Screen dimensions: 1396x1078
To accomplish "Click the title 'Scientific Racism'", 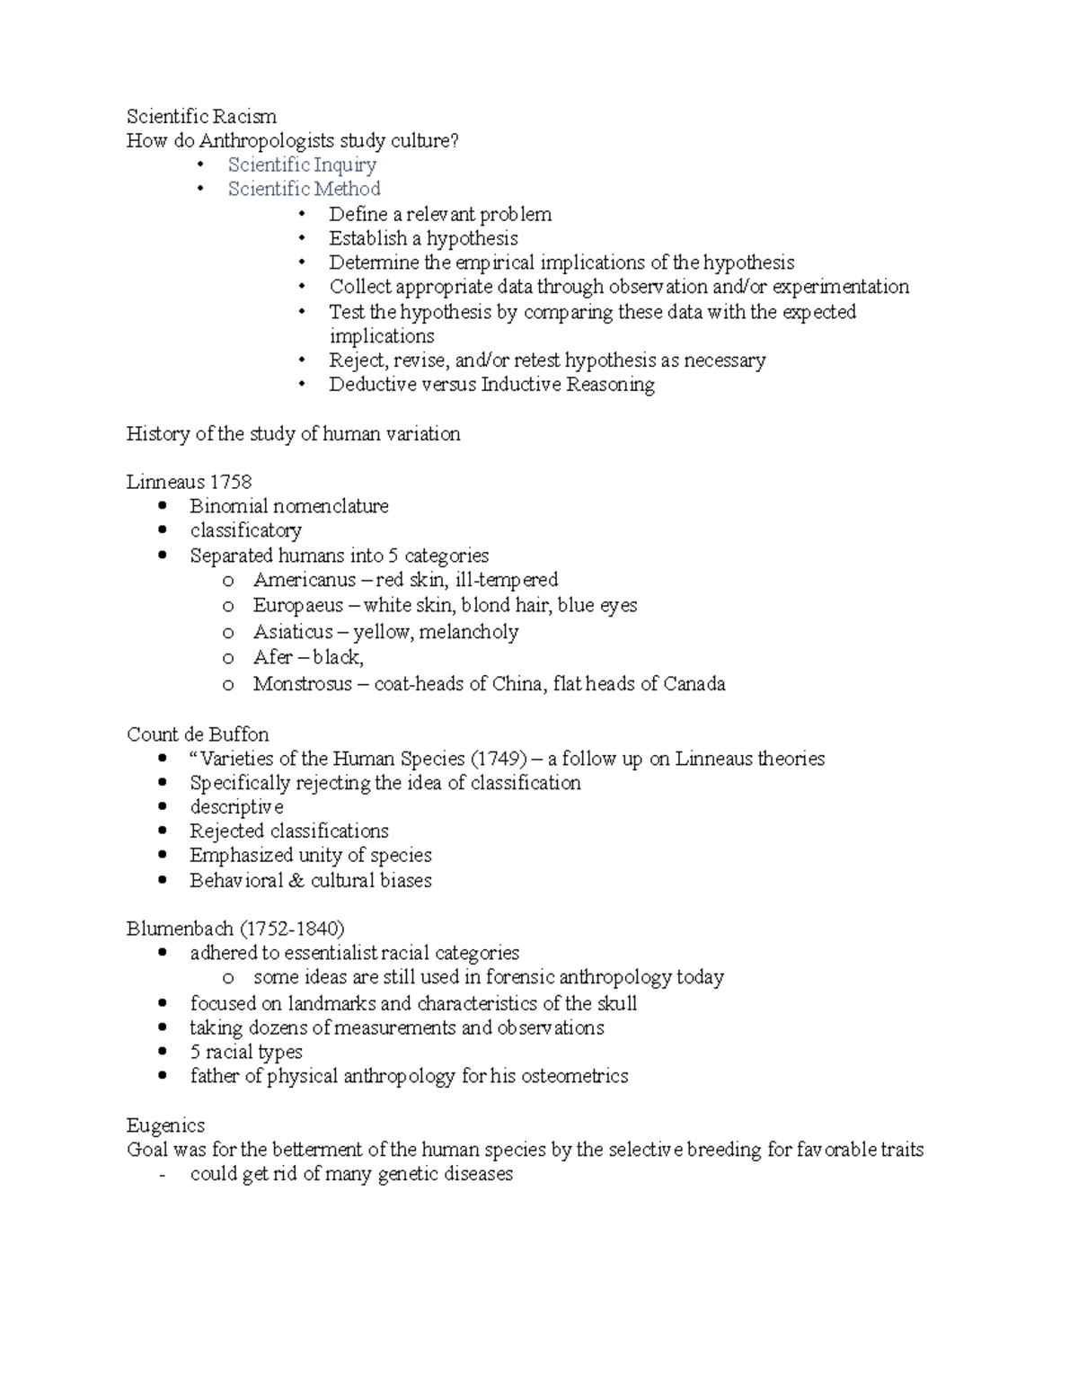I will point(201,116).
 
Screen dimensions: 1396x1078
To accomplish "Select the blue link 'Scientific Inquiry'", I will point(302,164).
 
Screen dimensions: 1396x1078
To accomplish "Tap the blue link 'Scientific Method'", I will point(304,189).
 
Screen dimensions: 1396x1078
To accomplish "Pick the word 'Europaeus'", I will point(297,605).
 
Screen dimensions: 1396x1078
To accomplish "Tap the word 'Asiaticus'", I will point(293,632).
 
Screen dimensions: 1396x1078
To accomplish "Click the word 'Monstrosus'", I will point(301,684).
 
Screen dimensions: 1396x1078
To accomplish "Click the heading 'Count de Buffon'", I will point(198,734).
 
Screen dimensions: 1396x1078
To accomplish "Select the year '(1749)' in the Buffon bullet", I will point(499,759).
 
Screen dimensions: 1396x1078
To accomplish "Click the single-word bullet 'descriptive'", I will point(236,807).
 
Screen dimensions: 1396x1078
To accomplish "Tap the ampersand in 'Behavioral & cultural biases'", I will point(296,881).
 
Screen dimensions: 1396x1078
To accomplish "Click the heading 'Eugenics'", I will point(165,1125).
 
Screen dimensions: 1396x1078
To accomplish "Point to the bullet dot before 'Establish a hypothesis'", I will point(304,238).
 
